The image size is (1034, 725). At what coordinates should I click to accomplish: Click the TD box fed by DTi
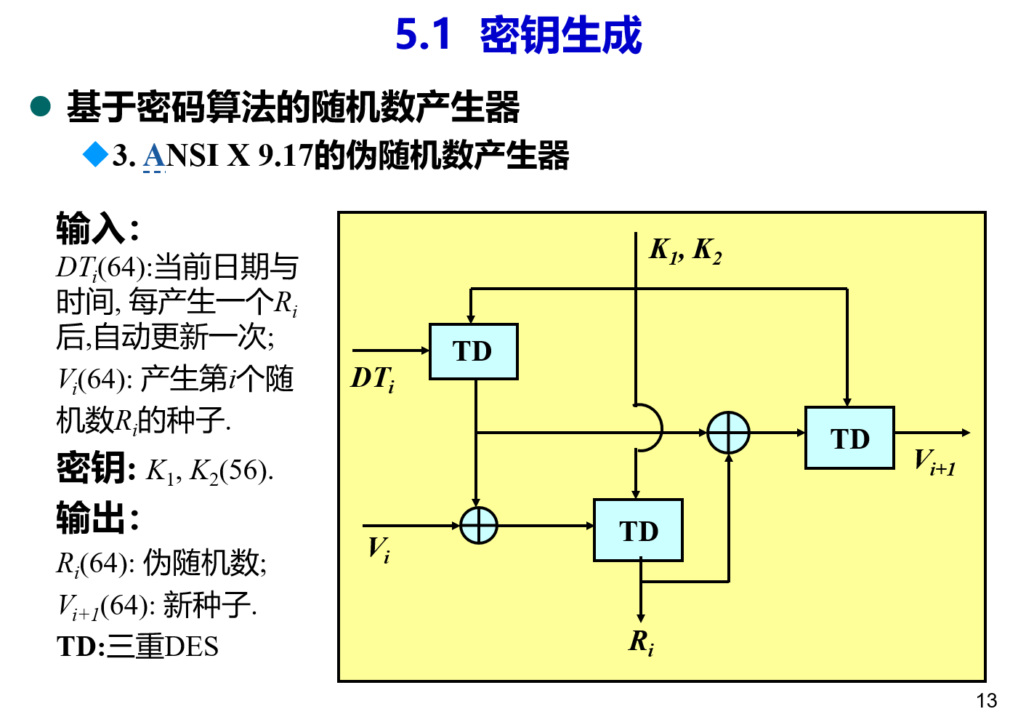[473, 352]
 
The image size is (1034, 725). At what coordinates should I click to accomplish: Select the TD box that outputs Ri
[638, 530]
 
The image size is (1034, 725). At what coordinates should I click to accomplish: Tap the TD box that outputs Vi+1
[849, 438]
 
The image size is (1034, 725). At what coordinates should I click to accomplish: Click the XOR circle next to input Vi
[479, 525]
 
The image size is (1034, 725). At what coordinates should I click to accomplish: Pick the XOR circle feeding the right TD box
[728, 433]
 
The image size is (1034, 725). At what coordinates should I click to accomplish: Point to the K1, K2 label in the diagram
[685, 250]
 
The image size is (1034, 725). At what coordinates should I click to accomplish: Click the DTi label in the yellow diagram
[373, 379]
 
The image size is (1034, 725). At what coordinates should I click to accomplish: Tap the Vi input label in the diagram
[379, 549]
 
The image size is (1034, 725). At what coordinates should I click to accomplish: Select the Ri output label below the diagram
[641, 642]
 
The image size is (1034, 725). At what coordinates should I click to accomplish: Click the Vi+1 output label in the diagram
[934, 462]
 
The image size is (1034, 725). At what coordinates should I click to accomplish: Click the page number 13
[986, 700]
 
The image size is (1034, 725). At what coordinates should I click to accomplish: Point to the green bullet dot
[41, 107]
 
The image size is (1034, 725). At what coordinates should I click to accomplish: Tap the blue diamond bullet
[95, 154]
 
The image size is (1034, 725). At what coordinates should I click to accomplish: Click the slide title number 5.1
[423, 35]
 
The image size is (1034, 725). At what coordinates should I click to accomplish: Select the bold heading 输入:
[97, 228]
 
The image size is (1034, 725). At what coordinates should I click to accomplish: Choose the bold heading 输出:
[97, 518]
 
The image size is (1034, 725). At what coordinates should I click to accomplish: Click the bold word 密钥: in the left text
[96, 468]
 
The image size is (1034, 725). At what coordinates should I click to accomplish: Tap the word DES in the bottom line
[192, 646]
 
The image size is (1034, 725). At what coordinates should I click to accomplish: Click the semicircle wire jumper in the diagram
[652, 428]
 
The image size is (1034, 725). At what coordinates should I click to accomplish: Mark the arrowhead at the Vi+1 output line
[966, 433]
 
